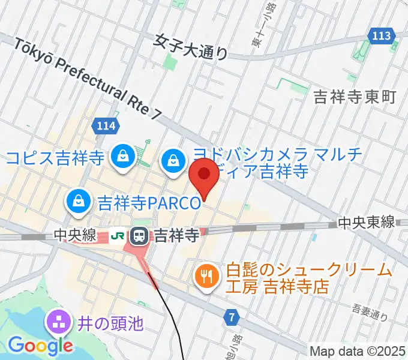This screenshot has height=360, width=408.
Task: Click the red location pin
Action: click(204, 174)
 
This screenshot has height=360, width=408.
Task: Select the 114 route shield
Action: click(104, 126)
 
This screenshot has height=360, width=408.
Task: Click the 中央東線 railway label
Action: click(366, 223)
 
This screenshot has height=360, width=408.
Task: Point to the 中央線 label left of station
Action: click(75, 236)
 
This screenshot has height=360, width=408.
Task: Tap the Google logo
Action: click(40, 345)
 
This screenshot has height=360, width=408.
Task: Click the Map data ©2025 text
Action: click(357, 350)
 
